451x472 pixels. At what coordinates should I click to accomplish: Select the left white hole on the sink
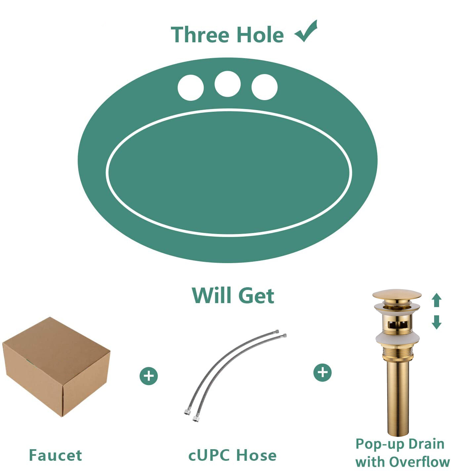click(190, 88)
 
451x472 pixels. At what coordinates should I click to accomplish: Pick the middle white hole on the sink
click(227, 84)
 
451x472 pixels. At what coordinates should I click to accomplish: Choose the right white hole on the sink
click(264, 87)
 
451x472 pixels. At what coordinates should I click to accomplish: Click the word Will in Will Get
click(211, 295)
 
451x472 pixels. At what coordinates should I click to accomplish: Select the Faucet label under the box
click(55, 455)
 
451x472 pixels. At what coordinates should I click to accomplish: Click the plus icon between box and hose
click(149, 376)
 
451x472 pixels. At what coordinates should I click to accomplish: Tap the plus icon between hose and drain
click(322, 373)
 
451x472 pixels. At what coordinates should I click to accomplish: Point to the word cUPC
click(209, 455)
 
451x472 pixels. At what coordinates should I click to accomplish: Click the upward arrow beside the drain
click(436, 300)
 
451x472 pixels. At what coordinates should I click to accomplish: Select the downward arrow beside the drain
click(436, 322)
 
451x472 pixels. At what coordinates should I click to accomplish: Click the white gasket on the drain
click(397, 338)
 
